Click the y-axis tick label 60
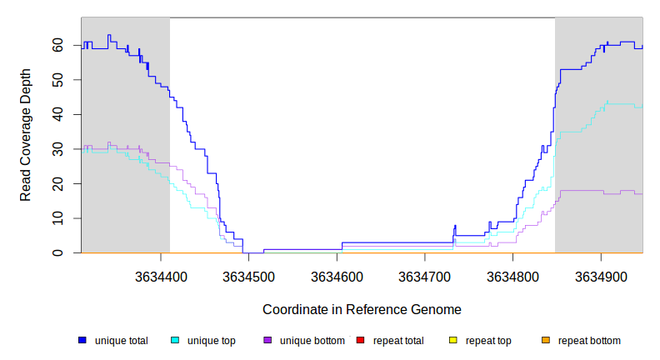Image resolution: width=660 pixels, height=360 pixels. tap(58, 45)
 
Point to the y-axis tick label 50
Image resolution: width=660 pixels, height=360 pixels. tap(58, 80)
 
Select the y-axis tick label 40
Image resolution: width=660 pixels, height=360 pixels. tap(58, 114)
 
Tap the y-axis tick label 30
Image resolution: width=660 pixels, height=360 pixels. tap(58, 149)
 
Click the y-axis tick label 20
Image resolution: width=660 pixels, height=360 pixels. tap(58, 183)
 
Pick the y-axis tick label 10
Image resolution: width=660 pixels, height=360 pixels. tap(58, 218)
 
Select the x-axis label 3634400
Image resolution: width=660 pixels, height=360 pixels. tap(160, 275)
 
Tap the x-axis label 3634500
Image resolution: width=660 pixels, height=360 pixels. tap(248, 275)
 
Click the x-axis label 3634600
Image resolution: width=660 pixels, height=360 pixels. tap(337, 275)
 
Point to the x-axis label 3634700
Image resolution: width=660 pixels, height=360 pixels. tap(425, 275)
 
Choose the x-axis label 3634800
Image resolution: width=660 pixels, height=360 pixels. tap(513, 275)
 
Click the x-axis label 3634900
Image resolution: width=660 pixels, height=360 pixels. tap(602, 275)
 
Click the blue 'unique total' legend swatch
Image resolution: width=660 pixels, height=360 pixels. tap(82, 341)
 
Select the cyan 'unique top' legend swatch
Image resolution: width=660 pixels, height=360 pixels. tap(175, 341)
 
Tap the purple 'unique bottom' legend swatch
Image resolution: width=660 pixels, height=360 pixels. tap(267, 341)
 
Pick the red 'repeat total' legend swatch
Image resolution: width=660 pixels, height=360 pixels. tap(360, 341)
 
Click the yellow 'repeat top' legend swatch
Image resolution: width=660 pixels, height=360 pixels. tap(453, 341)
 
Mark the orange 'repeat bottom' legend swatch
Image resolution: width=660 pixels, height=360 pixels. tap(546, 341)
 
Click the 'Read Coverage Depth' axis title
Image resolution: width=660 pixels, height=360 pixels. tap(26, 135)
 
